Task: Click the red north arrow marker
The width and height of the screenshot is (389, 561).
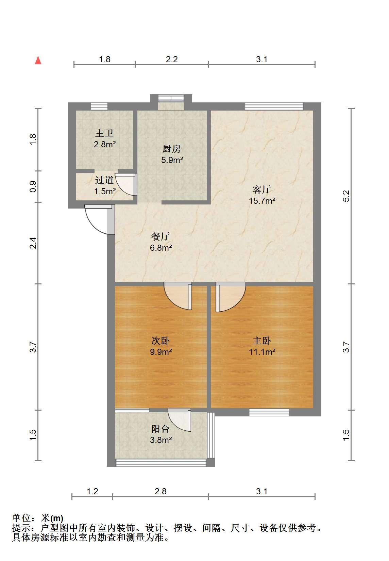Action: point(38,60)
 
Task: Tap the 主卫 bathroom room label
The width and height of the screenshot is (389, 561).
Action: point(104,133)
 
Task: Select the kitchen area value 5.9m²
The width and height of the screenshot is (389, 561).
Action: point(172,160)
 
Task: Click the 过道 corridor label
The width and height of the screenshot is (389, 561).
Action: point(104,180)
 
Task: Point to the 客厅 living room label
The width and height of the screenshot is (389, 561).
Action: point(262,189)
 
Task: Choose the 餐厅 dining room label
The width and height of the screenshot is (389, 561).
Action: point(160,236)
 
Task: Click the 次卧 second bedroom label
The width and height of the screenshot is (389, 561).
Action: point(160,341)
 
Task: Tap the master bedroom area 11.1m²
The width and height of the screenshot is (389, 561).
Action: point(262,352)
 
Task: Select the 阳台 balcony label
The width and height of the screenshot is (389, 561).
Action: point(160,429)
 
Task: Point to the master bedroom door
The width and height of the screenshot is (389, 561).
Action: point(230,297)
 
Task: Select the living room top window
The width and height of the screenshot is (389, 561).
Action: point(274,106)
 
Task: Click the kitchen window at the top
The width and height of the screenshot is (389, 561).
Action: point(171,98)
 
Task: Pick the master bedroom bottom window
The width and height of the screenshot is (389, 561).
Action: point(269,412)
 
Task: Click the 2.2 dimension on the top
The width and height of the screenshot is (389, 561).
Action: point(172,59)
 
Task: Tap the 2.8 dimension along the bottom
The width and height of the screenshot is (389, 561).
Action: point(160,491)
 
